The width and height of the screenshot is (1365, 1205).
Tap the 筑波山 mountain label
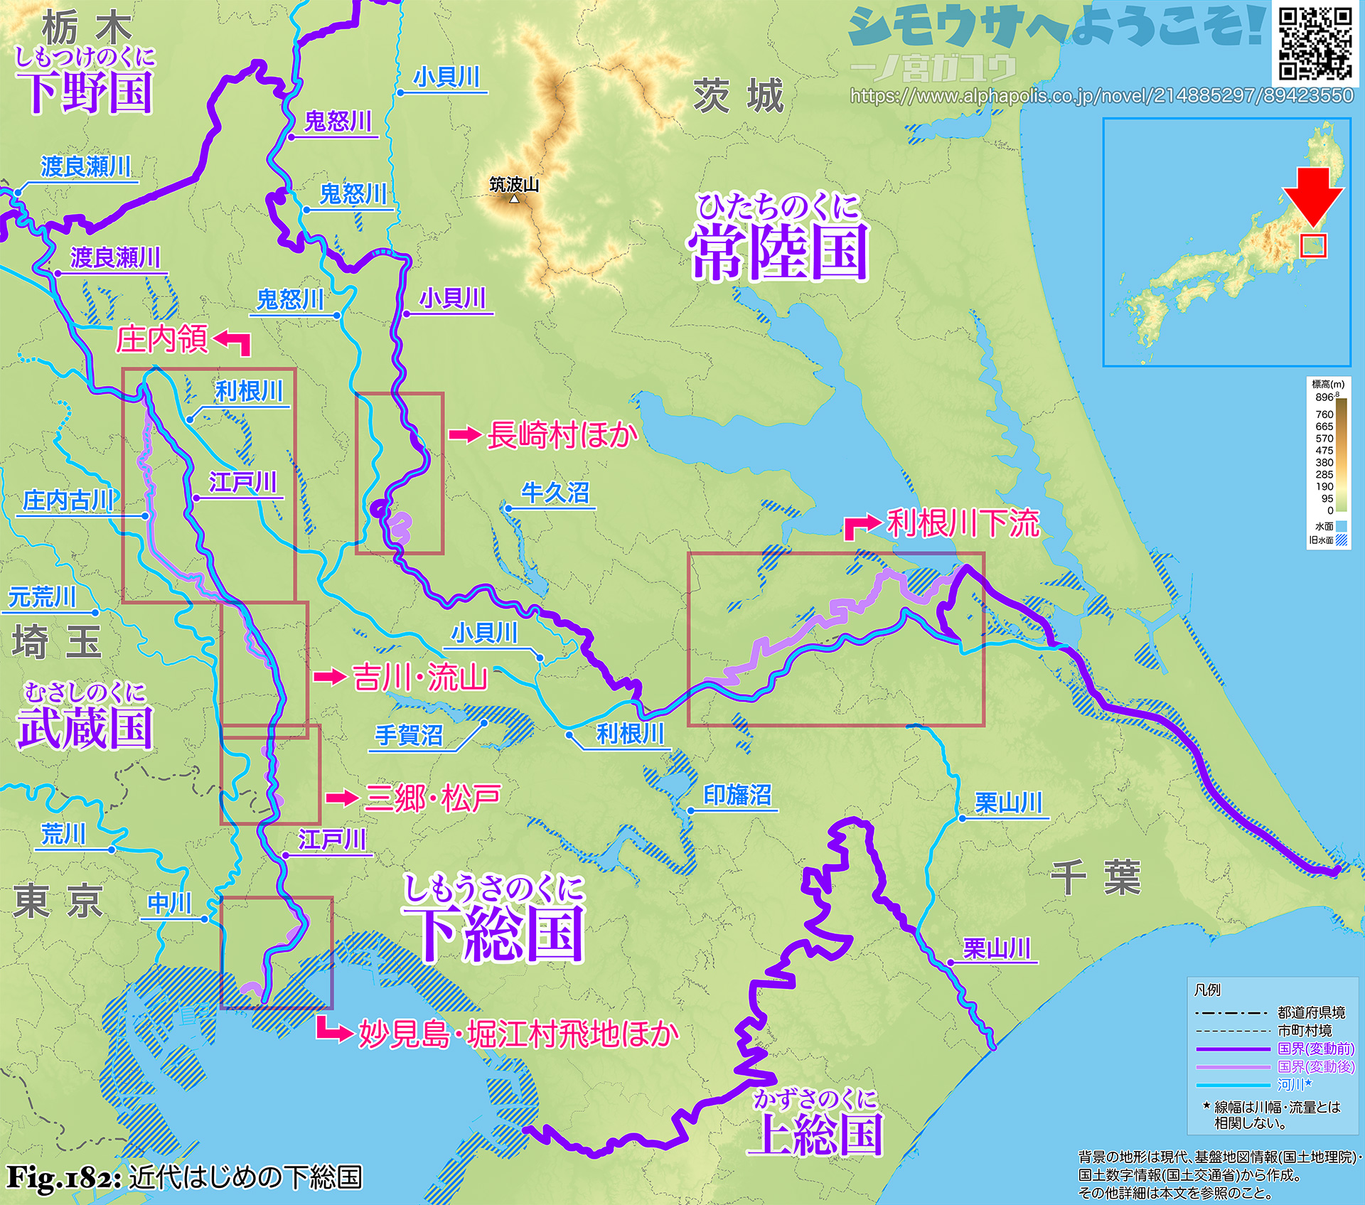(x=514, y=185)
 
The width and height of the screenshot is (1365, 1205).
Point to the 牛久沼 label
(x=555, y=493)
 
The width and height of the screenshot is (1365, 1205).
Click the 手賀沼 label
(x=409, y=734)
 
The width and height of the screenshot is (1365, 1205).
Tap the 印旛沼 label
(x=737, y=795)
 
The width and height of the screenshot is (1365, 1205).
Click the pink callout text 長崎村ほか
(x=562, y=435)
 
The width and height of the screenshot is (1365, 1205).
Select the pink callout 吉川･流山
(x=420, y=677)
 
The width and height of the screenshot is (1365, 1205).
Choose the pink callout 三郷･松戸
(x=432, y=798)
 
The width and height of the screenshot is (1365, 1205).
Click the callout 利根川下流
(x=963, y=523)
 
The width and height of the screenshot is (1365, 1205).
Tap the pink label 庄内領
(x=162, y=339)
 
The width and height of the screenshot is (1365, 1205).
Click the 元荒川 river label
(x=42, y=597)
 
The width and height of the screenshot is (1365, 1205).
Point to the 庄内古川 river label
(x=68, y=500)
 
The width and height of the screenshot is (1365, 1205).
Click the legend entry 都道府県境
(x=1311, y=1012)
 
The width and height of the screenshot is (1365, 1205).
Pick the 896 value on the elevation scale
(x=1324, y=397)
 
